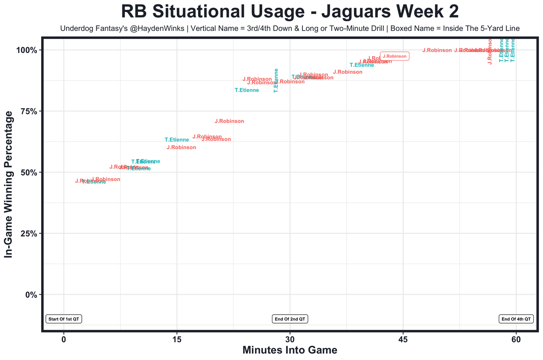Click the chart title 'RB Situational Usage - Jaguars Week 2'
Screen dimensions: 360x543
tap(290, 11)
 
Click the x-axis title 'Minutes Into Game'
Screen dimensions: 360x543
tap(290, 350)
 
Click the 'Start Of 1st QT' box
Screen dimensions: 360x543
tap(64, 319)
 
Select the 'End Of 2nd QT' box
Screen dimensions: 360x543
tap(290, 319)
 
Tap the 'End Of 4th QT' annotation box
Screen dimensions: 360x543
tap(516, 319)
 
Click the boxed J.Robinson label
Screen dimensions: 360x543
tap(395, 56)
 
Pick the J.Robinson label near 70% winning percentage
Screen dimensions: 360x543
tap(230, 121)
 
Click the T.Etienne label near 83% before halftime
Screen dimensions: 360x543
tap(246, 90)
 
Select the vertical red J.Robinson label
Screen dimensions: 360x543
tap(490, 52)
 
